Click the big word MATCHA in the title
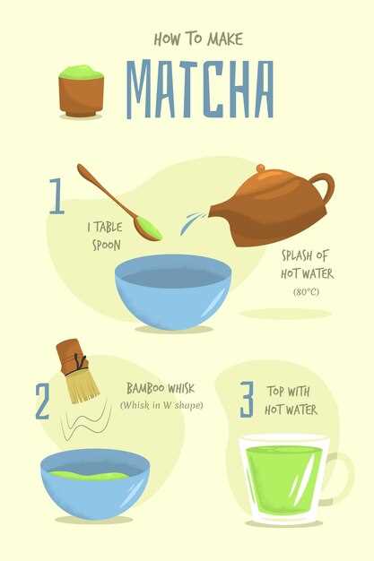(x=200, y=89)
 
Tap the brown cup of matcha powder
(x=82, y=91)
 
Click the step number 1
(x=57, y=196)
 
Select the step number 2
(x=43, y=401)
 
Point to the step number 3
(x=248, y=400)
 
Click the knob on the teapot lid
(x=261, y=168)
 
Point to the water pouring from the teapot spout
(x=192, y=222)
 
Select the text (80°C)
(x=307, y=292)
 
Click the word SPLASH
(x=297, y=255)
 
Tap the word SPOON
(x=107, y=245)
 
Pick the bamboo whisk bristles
(x=83, y=387)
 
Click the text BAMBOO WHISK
(x=161, y=388)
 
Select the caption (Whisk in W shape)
(x=161, y=405)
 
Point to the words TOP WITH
(x=288, y=392)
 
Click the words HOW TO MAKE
(x=198, y=39)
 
